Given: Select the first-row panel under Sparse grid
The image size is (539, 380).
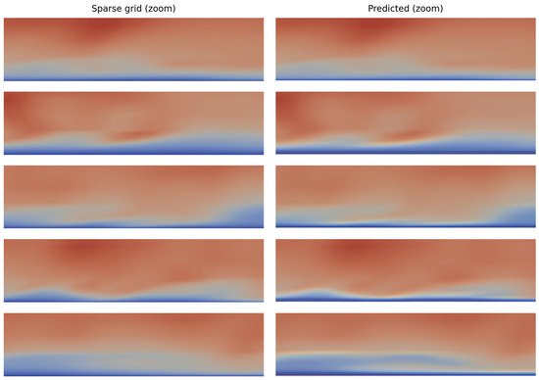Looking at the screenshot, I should tap(134, 49).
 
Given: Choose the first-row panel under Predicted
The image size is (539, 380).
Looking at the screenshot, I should tap(405, 49).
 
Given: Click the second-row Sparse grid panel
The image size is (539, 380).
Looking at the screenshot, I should tap(134, 123).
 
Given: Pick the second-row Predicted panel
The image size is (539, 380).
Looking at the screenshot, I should tap(405, 123).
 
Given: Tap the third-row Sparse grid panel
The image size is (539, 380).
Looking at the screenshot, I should tap(134, 197).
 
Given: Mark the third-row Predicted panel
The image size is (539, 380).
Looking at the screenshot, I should tap(405, 197).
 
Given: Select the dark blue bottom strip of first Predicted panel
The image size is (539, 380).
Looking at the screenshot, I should tap(405, 78).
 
